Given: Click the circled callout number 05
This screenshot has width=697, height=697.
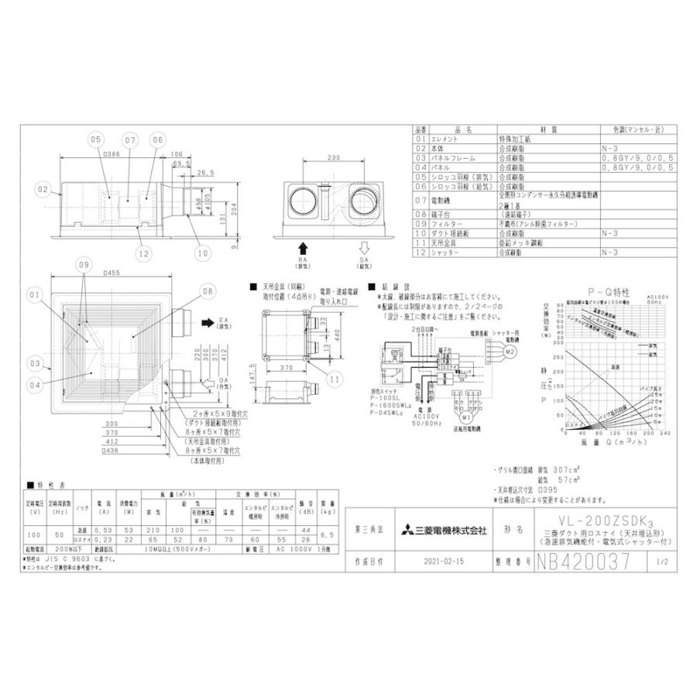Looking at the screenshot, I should (x=94, y=140).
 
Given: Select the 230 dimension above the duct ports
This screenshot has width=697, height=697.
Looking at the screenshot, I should (x=334, y=159).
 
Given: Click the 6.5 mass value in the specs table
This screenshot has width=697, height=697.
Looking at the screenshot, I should (x=328, y=534).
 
